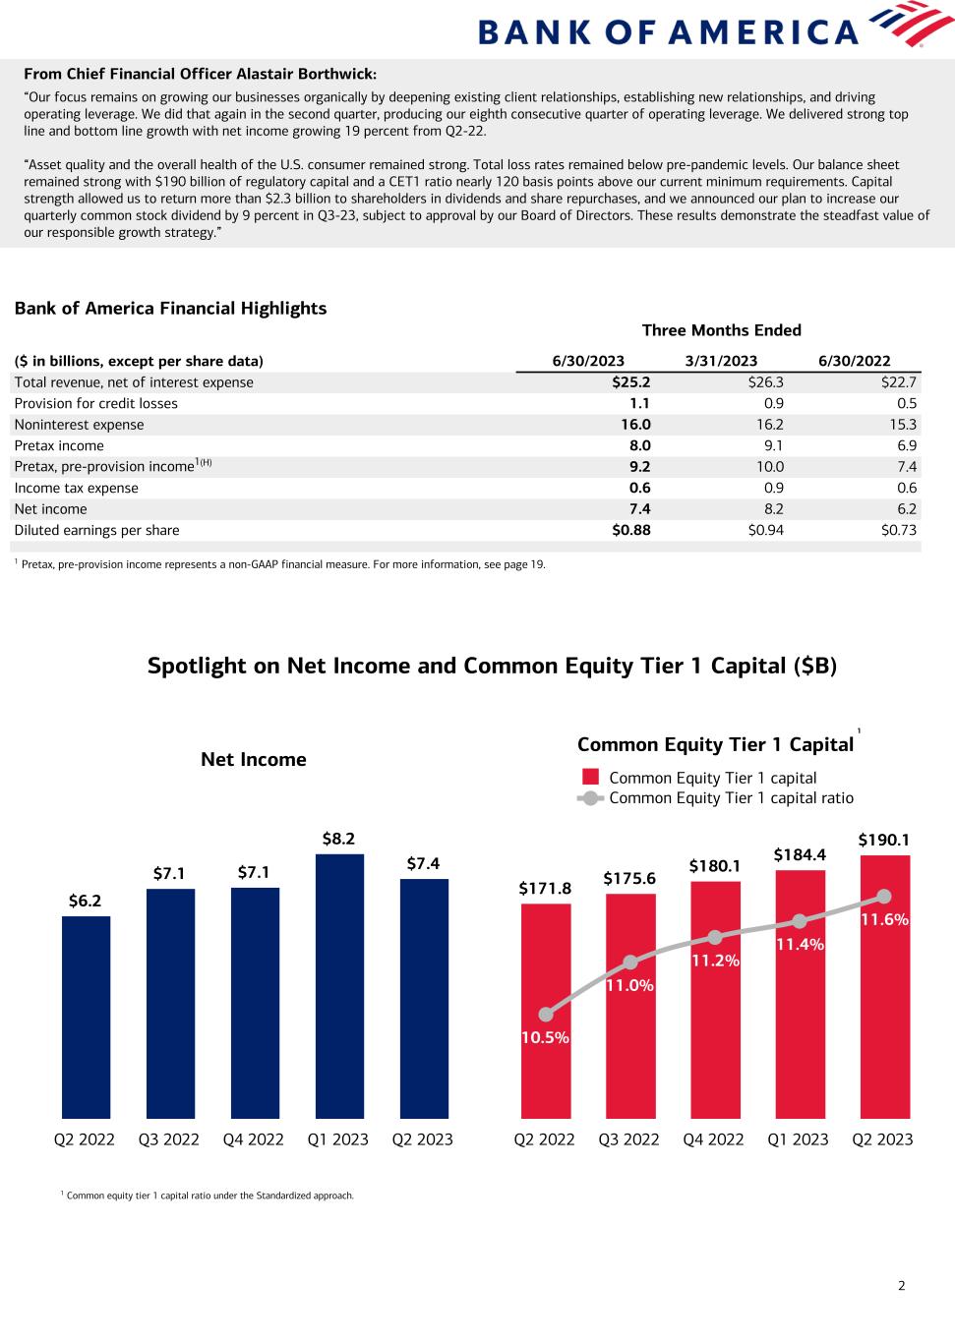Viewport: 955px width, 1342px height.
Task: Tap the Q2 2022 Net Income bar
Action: click(x=86, y=1017)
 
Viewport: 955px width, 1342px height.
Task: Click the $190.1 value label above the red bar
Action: click(x=883, y=840)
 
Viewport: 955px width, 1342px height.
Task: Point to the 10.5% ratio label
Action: click(x=545, y=1037)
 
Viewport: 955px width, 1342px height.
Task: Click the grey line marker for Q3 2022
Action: click(x=630, y=962)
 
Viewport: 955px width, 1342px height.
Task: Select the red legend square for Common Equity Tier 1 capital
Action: click(x=590, y=778)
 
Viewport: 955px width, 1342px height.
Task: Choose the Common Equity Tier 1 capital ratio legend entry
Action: click(x=731, y=798)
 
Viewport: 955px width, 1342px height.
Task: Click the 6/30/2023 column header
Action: click(x=588, y=361)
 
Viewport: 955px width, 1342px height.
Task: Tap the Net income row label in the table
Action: click(x=50, y=509)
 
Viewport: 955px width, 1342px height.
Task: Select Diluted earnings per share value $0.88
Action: click(x=631, y=530)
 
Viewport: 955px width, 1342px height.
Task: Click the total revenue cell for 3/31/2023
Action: click(x=765, y=382)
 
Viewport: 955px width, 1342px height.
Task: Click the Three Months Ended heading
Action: click(x=721, y=330)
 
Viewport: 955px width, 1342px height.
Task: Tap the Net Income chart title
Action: click(x=254, y=759)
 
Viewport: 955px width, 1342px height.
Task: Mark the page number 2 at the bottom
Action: click(x=901, y=1285)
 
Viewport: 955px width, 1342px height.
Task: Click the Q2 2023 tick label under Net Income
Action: click(x=422, y=1139)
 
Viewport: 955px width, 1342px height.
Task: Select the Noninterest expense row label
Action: click(x=79, y=425)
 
